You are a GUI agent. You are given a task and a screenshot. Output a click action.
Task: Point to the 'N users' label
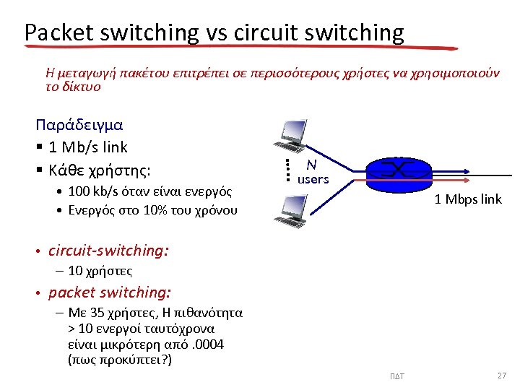(x=313, y=173)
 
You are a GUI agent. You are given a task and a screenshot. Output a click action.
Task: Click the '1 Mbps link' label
(x=468, y=199)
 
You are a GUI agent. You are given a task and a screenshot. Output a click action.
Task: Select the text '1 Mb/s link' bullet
(x=87, y=147)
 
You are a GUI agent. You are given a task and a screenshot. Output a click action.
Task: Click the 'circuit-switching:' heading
(x=108, y=251)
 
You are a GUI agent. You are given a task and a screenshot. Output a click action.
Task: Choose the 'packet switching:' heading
(x=110, y=292)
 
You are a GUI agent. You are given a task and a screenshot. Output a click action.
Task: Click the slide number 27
(x=502, y=376)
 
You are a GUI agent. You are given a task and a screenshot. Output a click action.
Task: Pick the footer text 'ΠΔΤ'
(x=397, y=376)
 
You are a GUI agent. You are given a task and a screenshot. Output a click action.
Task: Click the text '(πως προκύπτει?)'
(x=119, y=360)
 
